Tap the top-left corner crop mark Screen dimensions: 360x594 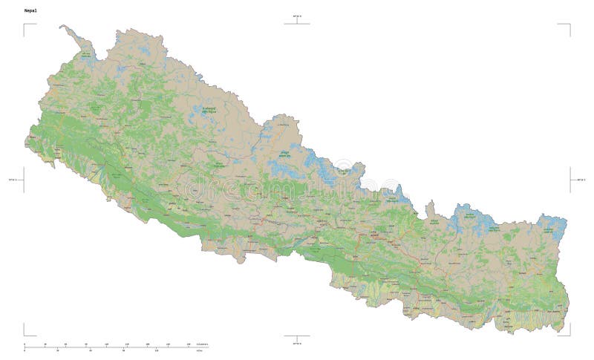pyautogui.click(x=26, y=26)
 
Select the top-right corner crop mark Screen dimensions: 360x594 pyautogui.click(x=567, y=26)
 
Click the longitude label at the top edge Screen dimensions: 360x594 pyautogui.click(x=297, y=15)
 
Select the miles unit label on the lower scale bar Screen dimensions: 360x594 pyautogui.click(x=199, y=351)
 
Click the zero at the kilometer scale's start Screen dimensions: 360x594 pyautogui.click(x=25, y=344)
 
